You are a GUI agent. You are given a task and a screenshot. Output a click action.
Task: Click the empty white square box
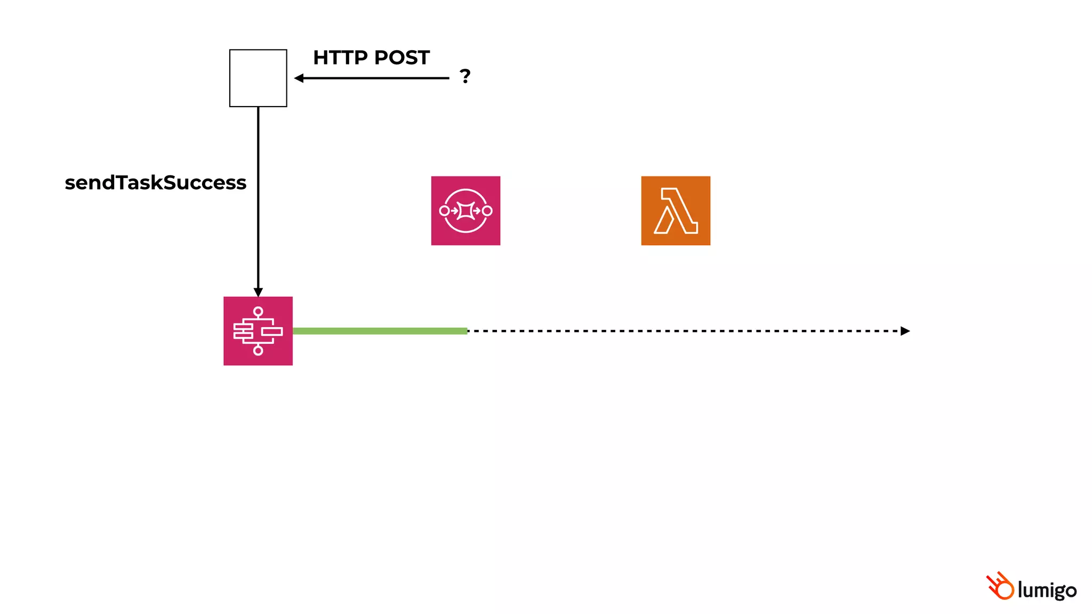click(x=258, y=78)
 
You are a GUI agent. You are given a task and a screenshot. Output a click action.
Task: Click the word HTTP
click(x=340, y=58)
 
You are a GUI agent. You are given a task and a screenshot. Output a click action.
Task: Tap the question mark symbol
click(x=465, y=76)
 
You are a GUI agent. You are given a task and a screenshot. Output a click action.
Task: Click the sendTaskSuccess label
click(x=155, y=183)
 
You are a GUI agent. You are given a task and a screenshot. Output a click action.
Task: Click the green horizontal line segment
click(x=380, y=331)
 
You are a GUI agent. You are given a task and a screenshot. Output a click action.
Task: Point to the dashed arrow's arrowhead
click(x=905, y=331)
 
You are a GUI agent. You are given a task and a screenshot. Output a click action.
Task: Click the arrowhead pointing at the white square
click(x=299, y=78)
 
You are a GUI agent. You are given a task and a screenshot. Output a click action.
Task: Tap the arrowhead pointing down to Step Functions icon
click(x=258, y=293)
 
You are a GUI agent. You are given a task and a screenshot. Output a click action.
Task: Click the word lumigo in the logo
click(x=1047, y=591)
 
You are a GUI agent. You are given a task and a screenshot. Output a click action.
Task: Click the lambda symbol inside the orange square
click(x=676, y=211)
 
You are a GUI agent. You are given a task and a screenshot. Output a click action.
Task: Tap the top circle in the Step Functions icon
click(x=258, y=311)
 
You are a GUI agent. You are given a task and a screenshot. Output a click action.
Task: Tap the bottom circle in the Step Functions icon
click(x=258, y=350)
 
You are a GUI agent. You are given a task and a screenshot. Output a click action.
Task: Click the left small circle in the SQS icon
click(x=444, y=211)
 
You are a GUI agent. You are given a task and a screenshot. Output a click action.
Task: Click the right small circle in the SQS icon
click(x=487, y=211)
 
